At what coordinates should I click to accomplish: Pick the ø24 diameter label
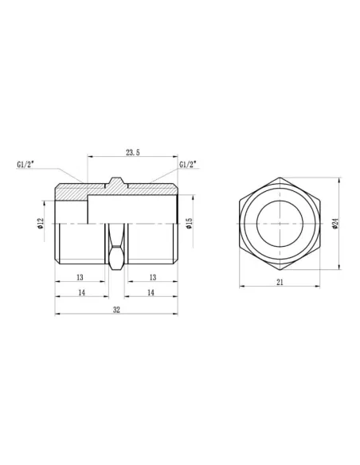336,224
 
